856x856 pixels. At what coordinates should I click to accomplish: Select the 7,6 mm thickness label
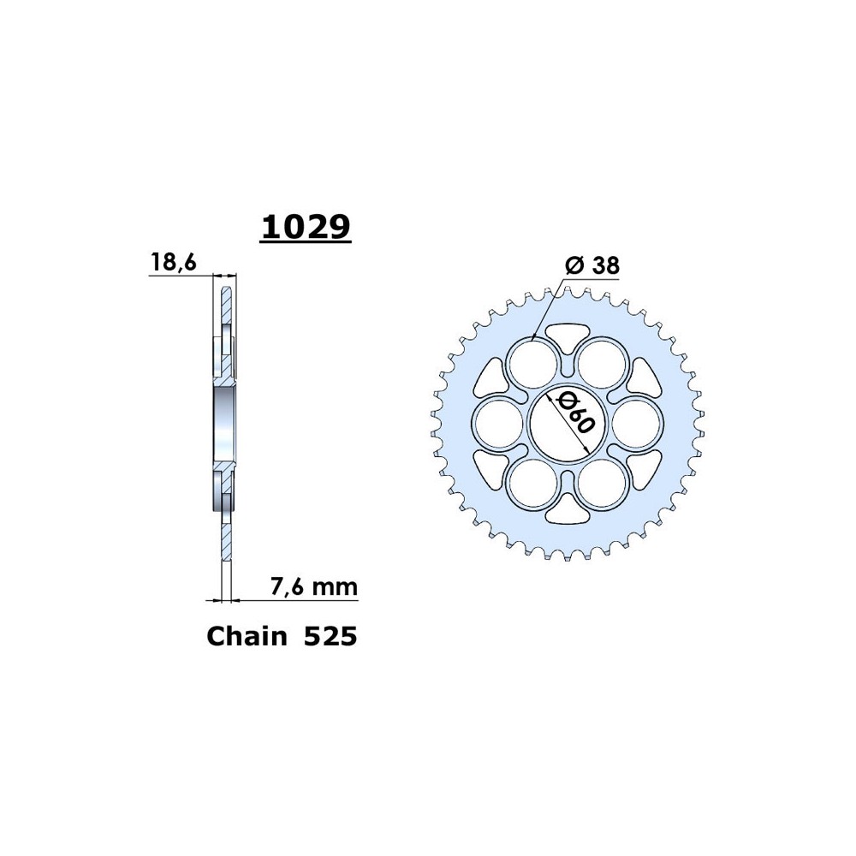tap(314, 586)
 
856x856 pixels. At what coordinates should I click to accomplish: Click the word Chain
tap(247, 636)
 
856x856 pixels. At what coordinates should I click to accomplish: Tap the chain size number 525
tap(330, 637)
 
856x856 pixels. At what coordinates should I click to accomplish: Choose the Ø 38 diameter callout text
tap(592, 265)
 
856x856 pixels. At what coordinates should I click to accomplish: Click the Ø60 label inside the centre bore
tap(574, 414)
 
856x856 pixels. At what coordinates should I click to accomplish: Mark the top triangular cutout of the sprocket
tap(568, 336)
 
